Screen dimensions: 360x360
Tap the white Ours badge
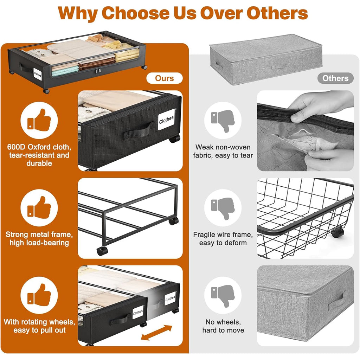pyautogui.click(x=165, y=78)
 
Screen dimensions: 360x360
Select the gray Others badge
pyautogui.click(x=335, y=78)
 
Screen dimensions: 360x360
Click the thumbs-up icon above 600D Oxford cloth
pyautogui.click(x=39, y=120)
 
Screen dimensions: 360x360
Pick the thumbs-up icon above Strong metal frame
pyautogui.click(x=39, y=207)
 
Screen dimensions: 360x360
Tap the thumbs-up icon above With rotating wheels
pyautogui.click(x=39, y=295)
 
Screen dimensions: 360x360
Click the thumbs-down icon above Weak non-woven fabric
pyautogui.click(x=223, y=121)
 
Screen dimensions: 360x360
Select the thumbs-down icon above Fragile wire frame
pyautogui.click(x=223, y=208)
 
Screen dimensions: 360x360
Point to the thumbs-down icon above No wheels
pyautogui.click(x=223, y=296)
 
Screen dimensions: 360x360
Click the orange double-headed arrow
pyautogui.click(x=156, y=333)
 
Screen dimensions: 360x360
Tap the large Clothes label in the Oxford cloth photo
pyautogui.click(x=166, y=120)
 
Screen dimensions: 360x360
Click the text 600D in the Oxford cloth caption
pyautogui.click(x=16, y=147)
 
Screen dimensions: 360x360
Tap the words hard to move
pyautogui.click(x=223, y=330)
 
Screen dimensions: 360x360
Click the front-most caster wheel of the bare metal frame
pyautogui.click(x=102, y=251)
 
